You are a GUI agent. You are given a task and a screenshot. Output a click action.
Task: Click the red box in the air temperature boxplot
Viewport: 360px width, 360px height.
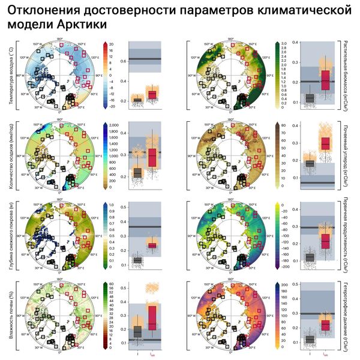[x=152, y=94]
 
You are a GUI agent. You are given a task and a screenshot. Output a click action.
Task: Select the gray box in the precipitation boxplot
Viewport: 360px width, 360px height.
[x=137, y=173]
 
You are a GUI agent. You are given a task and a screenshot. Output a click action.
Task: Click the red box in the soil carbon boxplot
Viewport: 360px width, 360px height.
[x=325, y=143]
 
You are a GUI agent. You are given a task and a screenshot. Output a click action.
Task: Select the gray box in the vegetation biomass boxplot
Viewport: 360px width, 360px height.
[x=310, y=98]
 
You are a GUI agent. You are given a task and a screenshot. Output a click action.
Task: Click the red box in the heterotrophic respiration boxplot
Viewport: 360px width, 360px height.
[x=325, y=325]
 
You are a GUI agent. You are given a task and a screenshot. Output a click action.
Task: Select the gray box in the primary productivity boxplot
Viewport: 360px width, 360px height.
[x=310, y=257]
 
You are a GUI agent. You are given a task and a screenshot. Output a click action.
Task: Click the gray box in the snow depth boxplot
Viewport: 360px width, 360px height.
[x=137, y=260]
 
